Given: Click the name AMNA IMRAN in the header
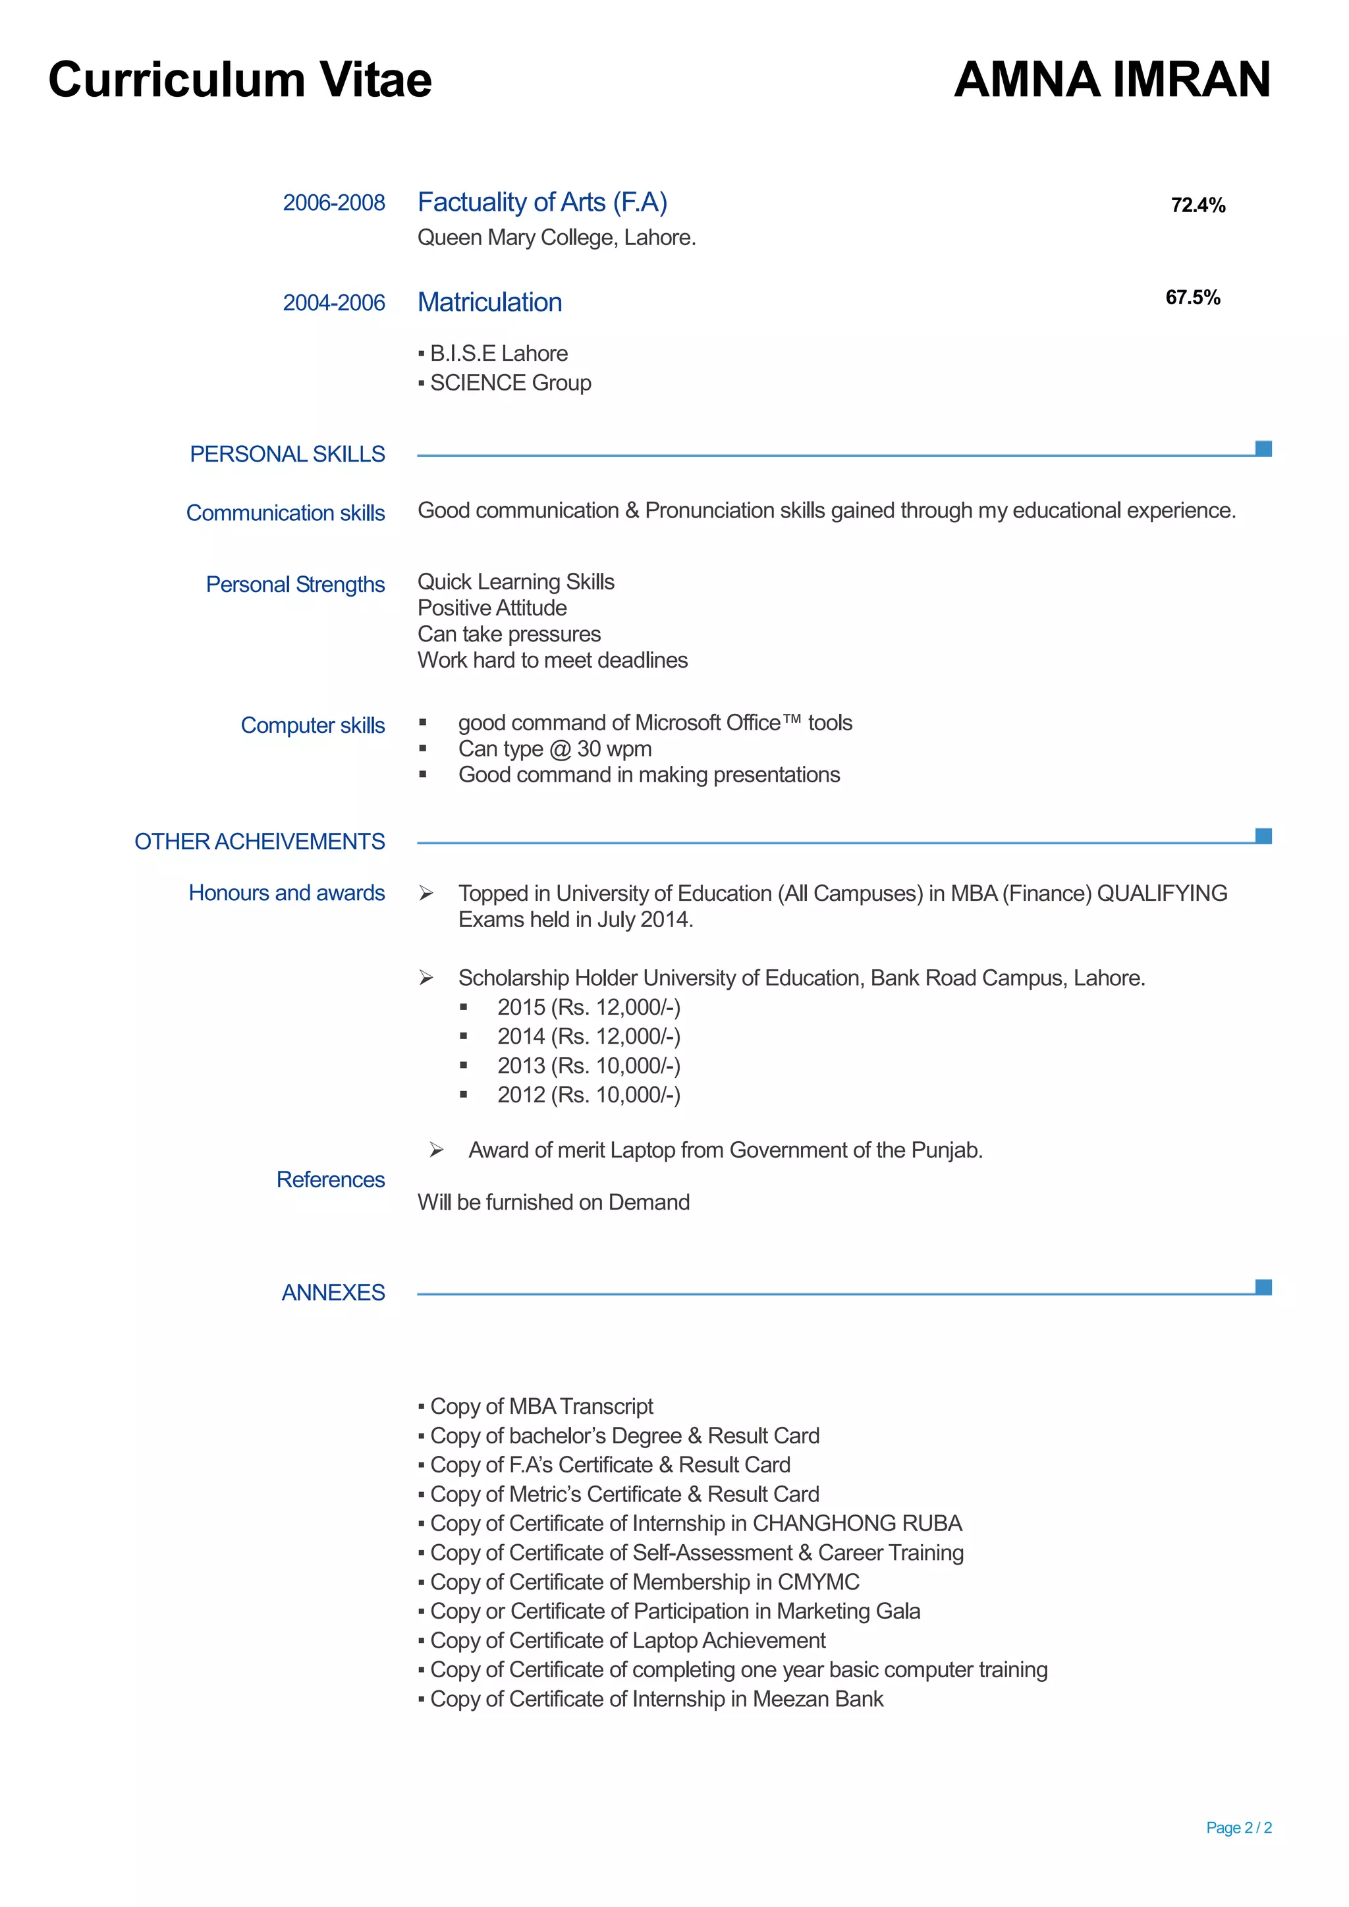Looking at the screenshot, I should tap(1111, 80).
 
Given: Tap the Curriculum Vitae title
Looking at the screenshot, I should tap(240, 80).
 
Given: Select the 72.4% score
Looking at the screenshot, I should tap(1198, 205).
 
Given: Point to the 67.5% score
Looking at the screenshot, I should tap(1193, 298).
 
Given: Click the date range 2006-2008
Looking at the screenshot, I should tap(334, 203).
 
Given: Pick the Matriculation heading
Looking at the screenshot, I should tap(489, 302).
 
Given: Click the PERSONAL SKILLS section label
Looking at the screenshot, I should tap(287, 454).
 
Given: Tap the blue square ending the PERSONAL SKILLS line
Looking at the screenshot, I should tap(1263, 448).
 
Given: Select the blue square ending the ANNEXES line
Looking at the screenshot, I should tap(1263, 1287).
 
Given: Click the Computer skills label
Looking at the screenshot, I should tap(312, 725).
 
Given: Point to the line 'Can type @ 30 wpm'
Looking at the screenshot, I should tap(555, 749).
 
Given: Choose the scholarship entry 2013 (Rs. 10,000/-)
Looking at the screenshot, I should tap(588, 1065).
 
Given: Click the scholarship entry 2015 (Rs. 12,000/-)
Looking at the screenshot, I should tap(588, 1007).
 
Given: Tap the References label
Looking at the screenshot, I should tap(331, 1179).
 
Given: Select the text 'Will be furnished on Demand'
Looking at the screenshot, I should tap(553, 1202).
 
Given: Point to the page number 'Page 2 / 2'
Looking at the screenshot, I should tap(1238, 1827).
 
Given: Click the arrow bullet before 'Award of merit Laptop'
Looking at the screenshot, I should tap(436, 1150).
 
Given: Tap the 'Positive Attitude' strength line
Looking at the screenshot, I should tap(492, 608).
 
